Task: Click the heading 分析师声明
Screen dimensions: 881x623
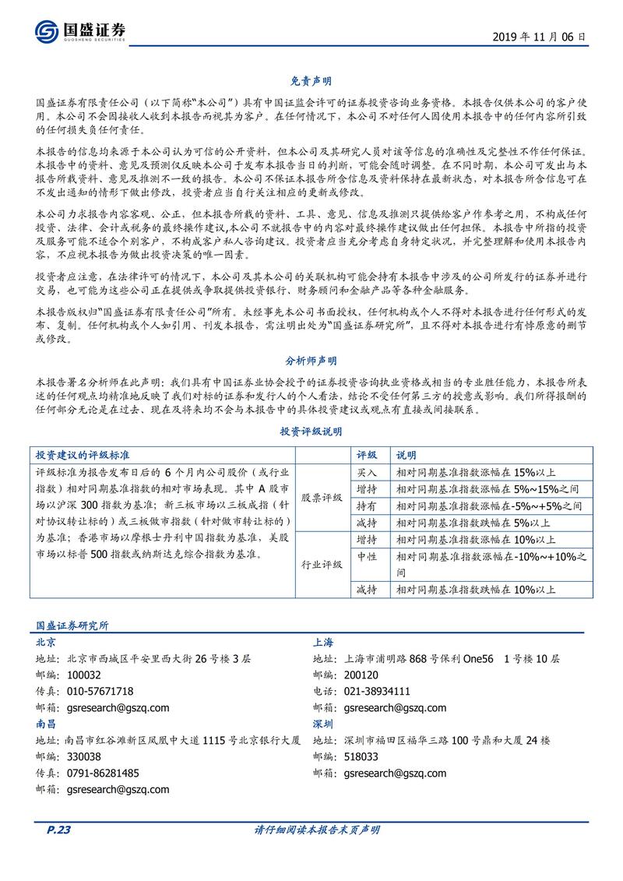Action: coord(311,361)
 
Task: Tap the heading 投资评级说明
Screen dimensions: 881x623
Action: coord(311,431)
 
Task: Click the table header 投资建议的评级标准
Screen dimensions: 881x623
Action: coord(83,454)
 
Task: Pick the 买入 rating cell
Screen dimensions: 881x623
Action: coord(367,473)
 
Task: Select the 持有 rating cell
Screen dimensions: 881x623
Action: coord(367,506)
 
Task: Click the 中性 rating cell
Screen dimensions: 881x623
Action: coord(367,556)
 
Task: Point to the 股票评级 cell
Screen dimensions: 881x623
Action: coord(322,497)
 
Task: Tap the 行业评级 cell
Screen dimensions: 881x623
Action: coord(322,564)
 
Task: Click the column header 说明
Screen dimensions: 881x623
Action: coord(407,454)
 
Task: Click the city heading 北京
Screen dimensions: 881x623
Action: coord(46,642)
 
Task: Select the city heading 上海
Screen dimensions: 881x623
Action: coord(323,642)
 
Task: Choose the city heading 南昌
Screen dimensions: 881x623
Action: coord(46,724)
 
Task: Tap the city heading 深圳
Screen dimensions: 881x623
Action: coord(323,724)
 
